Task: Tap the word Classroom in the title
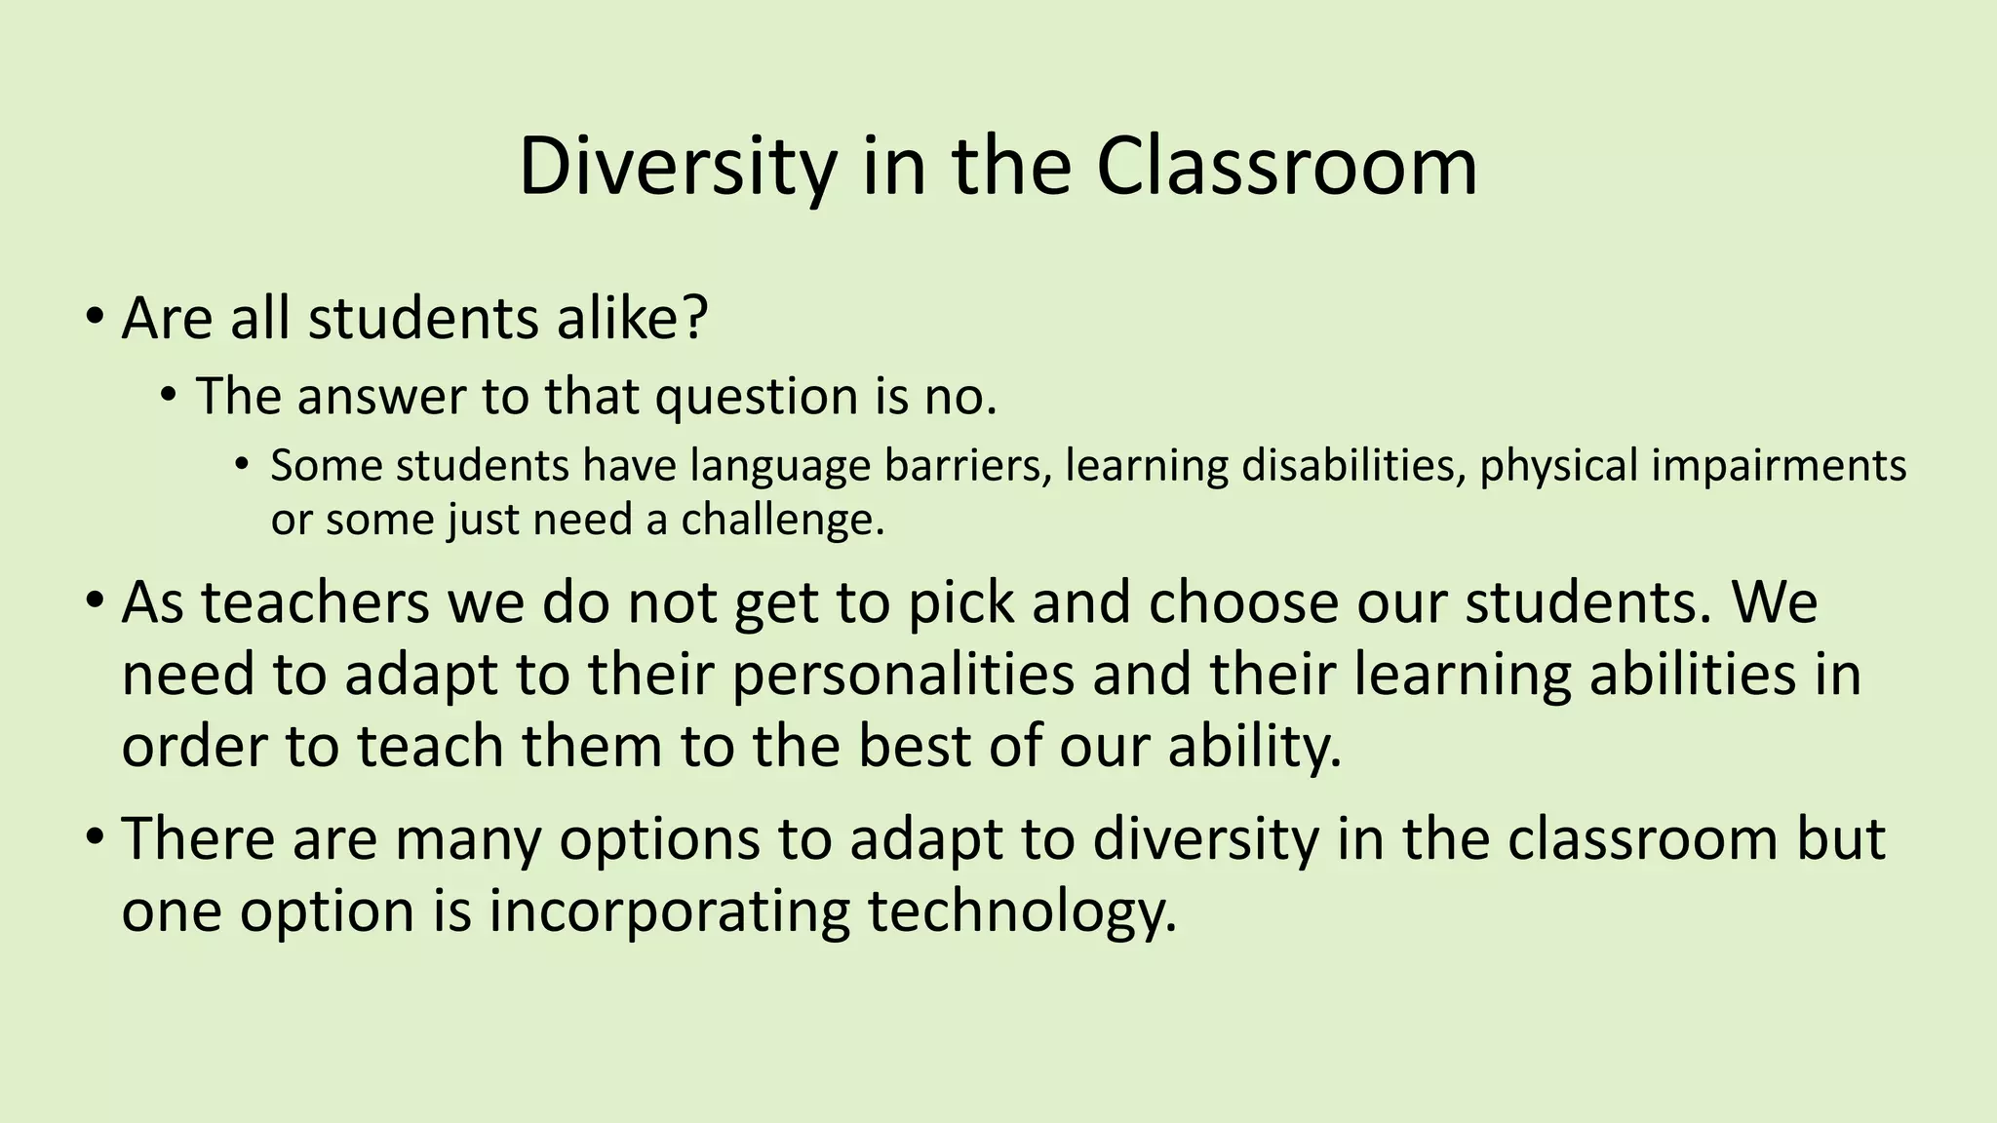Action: [1286, 166]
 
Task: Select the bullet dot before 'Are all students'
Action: [94, 318]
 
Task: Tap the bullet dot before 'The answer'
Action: [170, 396]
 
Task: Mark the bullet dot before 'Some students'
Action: [242, 464]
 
